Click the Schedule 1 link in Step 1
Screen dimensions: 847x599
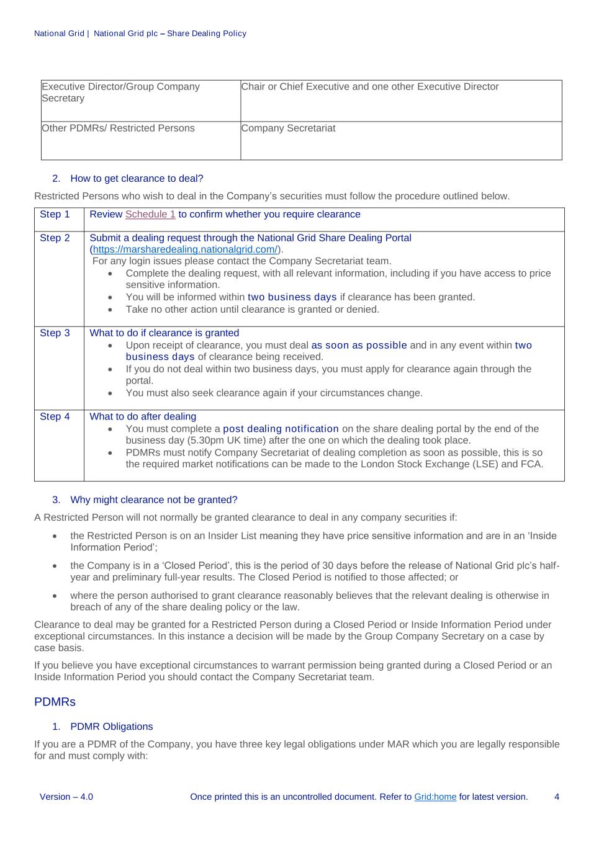click(150, 215)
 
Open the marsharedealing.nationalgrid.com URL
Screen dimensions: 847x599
click(185, 249)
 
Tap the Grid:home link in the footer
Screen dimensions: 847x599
click(435, 797)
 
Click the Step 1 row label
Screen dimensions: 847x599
click(55, 215)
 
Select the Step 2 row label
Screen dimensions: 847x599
click(55, 238)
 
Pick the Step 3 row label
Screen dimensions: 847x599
click(55, 333)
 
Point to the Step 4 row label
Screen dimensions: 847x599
click(55, 417)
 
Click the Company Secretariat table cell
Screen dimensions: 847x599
click(288, 128)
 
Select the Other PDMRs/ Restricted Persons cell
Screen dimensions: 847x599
click(118, 128)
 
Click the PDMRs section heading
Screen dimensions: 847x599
click(55, 702)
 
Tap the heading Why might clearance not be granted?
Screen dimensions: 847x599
click(153, 500)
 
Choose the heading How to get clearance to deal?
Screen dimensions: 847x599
click(137, 179)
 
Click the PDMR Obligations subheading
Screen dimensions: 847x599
click(111, 727)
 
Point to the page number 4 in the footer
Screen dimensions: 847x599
click(557, 797)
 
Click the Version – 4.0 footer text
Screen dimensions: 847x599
click(66, 797)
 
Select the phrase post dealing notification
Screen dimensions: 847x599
click(281, 429)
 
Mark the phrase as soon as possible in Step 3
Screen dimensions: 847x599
click(359, 346)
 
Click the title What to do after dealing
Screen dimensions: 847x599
click(143, 417)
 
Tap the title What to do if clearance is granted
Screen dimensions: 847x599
click(164, 333)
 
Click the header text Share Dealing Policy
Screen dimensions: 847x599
click(207, 34)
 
